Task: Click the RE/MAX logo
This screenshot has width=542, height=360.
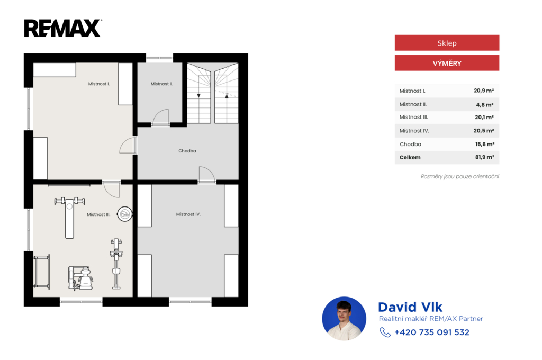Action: (62, 28)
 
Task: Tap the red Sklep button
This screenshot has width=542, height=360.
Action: (447, 43)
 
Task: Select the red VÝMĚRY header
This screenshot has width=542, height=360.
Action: (447, 63)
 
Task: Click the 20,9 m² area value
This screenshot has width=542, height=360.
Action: (484, 91)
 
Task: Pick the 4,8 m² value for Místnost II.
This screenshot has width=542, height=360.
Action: (485, 104)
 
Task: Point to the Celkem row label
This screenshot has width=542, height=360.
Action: (410, 157)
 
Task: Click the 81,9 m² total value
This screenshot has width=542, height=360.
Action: (484, 157)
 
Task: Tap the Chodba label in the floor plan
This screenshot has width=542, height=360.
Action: (187, 151)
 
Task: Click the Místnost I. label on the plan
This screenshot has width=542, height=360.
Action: (99, 84)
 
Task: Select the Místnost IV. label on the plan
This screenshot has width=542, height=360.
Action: (188, 214)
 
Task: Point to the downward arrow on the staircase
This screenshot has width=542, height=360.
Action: (199, 95)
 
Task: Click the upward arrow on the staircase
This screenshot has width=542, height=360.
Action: (227, 96)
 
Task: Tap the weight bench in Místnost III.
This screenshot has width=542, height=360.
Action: (69, 217)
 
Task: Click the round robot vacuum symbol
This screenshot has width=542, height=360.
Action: (124, 214)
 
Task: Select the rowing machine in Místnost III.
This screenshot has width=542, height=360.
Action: (116, 264)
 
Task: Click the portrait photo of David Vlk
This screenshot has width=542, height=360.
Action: (344, 319)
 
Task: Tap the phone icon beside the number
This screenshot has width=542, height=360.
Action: (385, 332)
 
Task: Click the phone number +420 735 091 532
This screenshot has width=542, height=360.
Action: (432, 332)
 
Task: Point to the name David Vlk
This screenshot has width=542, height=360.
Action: (410, 307)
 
